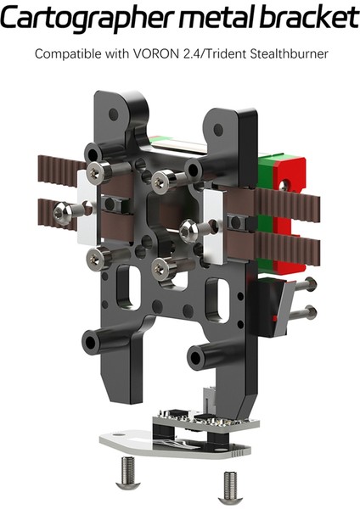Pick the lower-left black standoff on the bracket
(x=98, y=343)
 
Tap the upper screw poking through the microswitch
(x=301, y=286)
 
